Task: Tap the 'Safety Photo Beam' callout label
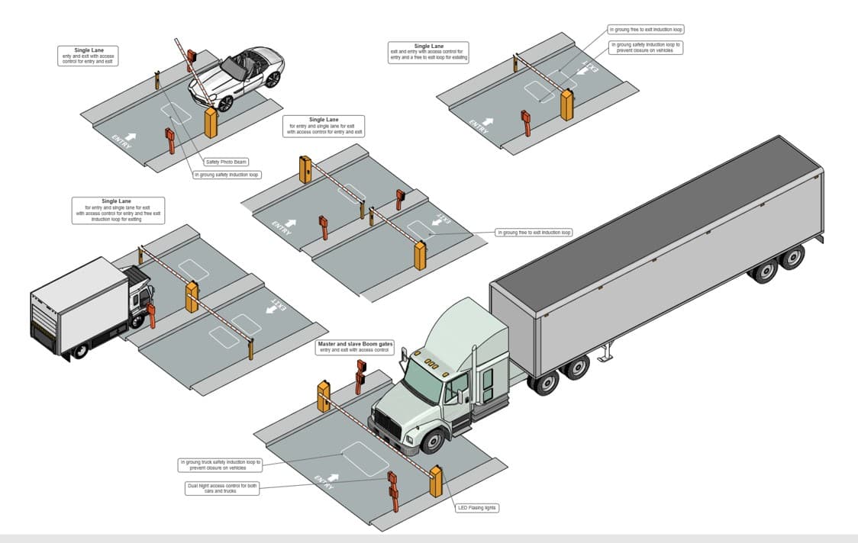[x=227, y=162]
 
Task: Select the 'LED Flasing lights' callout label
[x=476, y=507]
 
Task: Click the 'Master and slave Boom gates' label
[x=355, y=347]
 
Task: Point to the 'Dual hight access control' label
[x=221, y=488]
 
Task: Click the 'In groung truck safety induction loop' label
[x=221, y=464]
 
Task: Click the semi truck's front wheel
[x=433, y=441]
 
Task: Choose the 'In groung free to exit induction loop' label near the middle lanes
[x=534, y=232]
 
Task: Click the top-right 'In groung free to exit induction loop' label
[x=645, y=30]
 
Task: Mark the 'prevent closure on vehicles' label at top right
[x=646, y=48]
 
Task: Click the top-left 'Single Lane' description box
[x=89, y=56]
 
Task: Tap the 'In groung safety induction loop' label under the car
[x=227, y=175]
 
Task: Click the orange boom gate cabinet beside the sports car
[x=211, y=123]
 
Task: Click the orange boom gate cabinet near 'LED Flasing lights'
[x=436, y=480]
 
